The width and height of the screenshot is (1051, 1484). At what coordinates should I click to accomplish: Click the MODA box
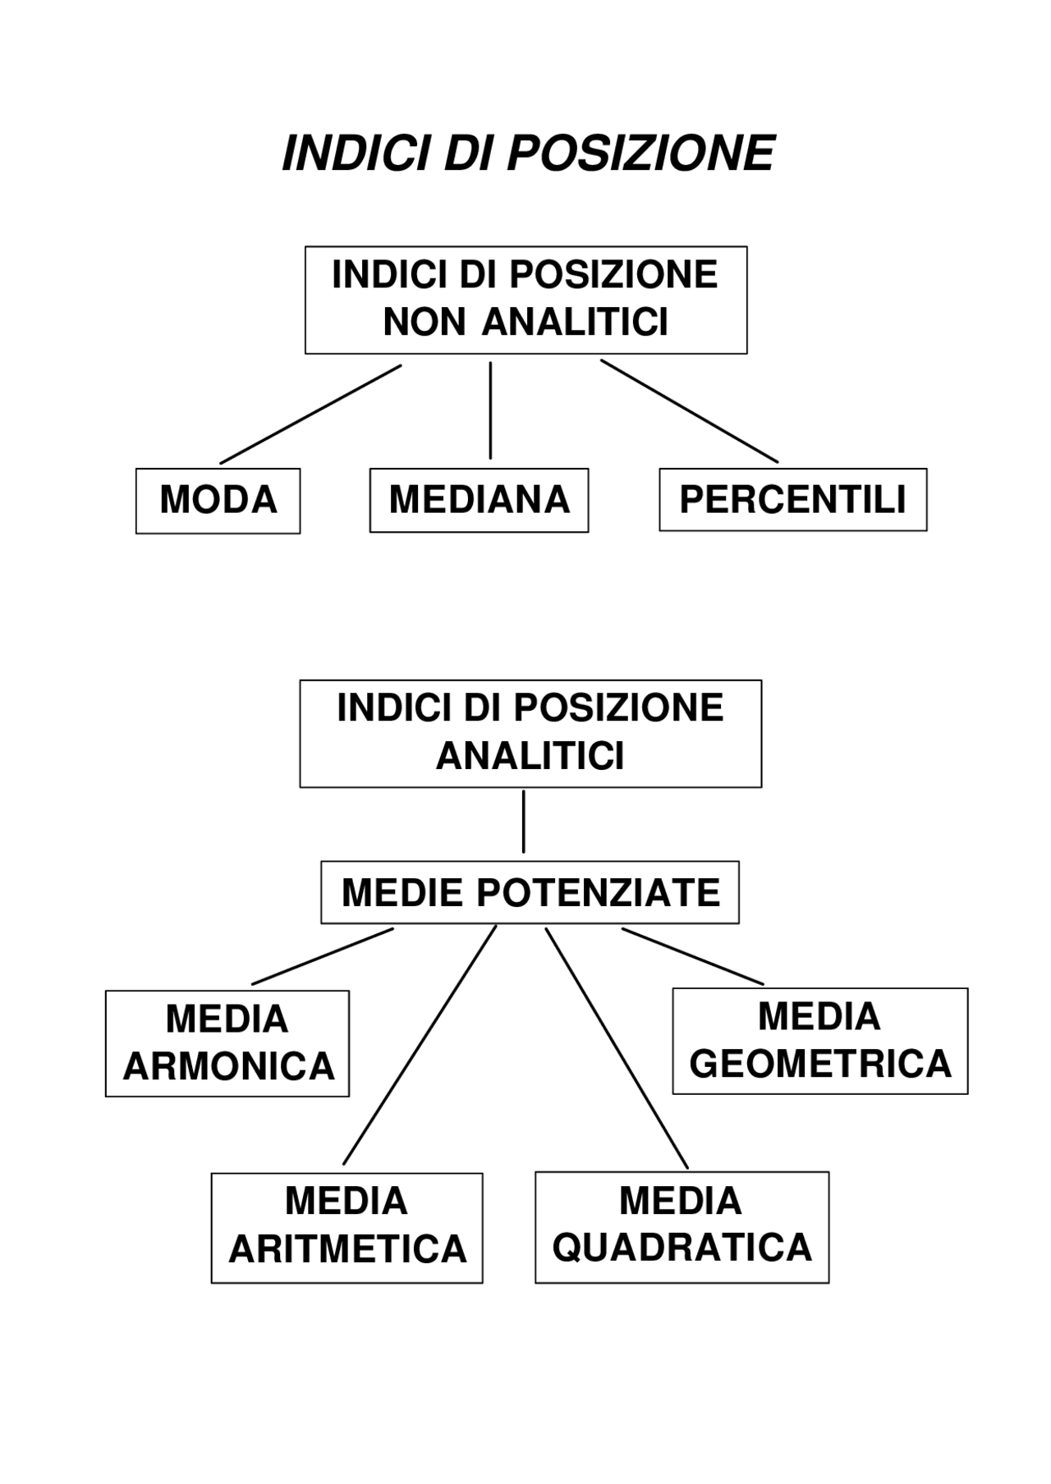tap(218, 501)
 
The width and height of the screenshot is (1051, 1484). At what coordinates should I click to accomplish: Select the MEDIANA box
tap(479, 500)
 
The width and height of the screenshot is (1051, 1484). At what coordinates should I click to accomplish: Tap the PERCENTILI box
tap(792, 500)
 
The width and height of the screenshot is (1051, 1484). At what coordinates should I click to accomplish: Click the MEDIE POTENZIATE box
tap(530, 892)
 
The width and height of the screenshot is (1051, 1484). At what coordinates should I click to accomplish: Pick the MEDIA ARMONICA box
tap(227, 1043)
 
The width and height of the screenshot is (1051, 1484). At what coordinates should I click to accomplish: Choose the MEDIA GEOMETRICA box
tap(819, 1041)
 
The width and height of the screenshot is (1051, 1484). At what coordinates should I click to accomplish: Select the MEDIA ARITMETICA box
tap(347, 1227)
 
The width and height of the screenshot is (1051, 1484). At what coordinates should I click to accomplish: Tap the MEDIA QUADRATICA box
tap(682, 1226)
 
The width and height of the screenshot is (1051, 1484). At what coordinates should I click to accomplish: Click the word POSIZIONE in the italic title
tap(640, 153)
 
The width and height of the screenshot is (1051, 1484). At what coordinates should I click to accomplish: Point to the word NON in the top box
tap(425, 323)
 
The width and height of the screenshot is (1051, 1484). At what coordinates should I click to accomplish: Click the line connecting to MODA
tap(310, 415)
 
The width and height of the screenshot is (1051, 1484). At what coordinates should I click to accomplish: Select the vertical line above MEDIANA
tap(490, 410)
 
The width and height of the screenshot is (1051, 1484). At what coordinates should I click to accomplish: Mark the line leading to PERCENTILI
tap(690, 411)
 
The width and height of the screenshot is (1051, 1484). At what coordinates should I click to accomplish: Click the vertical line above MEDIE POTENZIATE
tap(523, 822)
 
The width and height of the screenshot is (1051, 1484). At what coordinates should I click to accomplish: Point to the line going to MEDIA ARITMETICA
tap(420, 1045)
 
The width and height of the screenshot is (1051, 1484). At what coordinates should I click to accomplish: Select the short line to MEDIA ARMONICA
tap(323, 956)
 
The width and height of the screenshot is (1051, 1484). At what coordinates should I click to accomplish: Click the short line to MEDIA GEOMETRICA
tap(692, 956)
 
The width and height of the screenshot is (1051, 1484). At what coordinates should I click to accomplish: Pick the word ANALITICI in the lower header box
tap(530, 756)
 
